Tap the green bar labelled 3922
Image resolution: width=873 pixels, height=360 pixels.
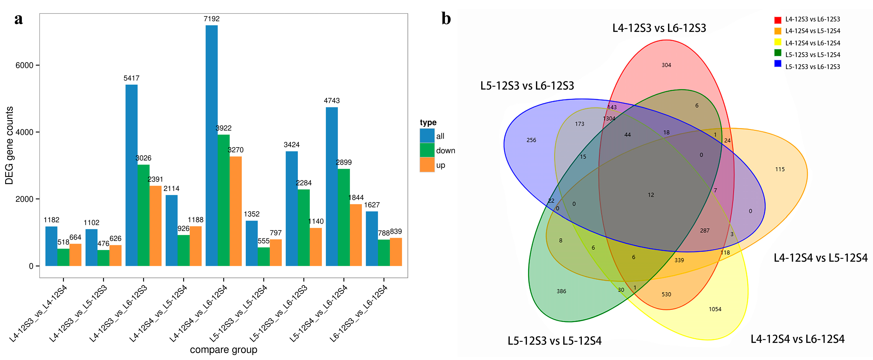[x=224, y=200]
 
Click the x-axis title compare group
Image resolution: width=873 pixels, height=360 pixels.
[x=223, y=350]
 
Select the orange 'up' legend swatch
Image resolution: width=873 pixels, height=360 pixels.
[x=427, y=165]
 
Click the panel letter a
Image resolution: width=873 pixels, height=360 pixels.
[x=19, y=19]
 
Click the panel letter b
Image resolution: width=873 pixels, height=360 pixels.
[x=446, y=19]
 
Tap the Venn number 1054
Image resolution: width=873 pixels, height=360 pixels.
[x=715, y=309]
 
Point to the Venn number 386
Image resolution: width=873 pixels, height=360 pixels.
[x=561, y=291]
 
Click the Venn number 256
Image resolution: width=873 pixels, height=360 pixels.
[x=531, y=140]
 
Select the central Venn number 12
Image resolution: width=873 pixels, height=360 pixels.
[x=651, y=195]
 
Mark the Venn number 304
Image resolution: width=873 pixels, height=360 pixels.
[x=666, y=65]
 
